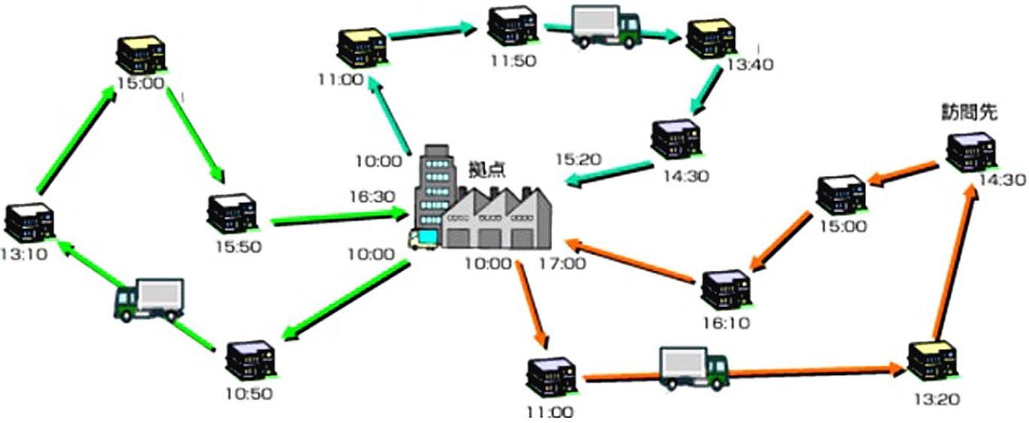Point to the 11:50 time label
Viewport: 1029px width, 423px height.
pos(513,60)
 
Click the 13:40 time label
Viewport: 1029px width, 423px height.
pos(749,65)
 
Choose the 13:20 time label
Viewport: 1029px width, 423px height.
pos(933,400)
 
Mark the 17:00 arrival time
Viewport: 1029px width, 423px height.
pos(562,263)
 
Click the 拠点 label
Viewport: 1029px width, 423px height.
pos(487,169)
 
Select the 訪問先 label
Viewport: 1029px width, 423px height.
pos(970,113)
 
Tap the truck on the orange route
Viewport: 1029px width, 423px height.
pos(693,367)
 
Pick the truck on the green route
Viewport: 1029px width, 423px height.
pos(149,300)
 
